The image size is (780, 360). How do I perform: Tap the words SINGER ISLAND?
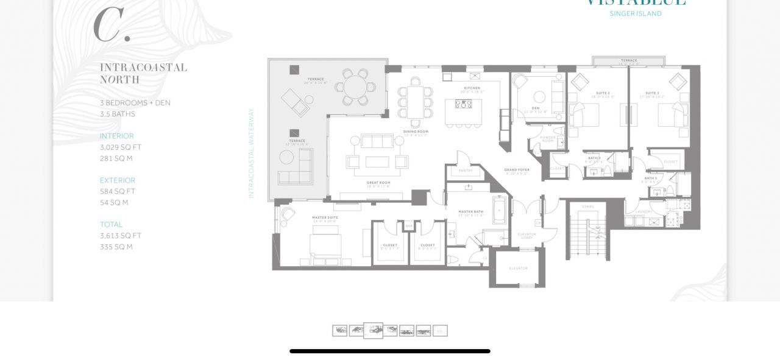(636, 13)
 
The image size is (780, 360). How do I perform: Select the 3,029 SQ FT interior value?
(121, 147)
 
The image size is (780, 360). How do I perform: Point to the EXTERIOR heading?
(118, 180)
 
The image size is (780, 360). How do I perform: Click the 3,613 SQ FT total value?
(121, 236)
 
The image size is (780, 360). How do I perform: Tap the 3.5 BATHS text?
(118, 114)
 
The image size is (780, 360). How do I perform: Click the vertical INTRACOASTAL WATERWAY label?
(251, 153)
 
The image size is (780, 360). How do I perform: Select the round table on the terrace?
(355, 87)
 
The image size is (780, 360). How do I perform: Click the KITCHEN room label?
(472, 88)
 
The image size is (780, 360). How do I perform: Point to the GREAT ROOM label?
(378, 183)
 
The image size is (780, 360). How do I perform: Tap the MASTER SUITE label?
(325, 217)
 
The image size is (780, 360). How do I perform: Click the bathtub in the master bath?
(499, 210)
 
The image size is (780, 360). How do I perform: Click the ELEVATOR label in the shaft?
(518, 268)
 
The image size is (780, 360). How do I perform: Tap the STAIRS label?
(587, 206)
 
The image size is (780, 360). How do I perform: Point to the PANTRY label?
(466, 171)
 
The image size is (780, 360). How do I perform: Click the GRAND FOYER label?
(516, 170)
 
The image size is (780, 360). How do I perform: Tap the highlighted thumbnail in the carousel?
(373, 330)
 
